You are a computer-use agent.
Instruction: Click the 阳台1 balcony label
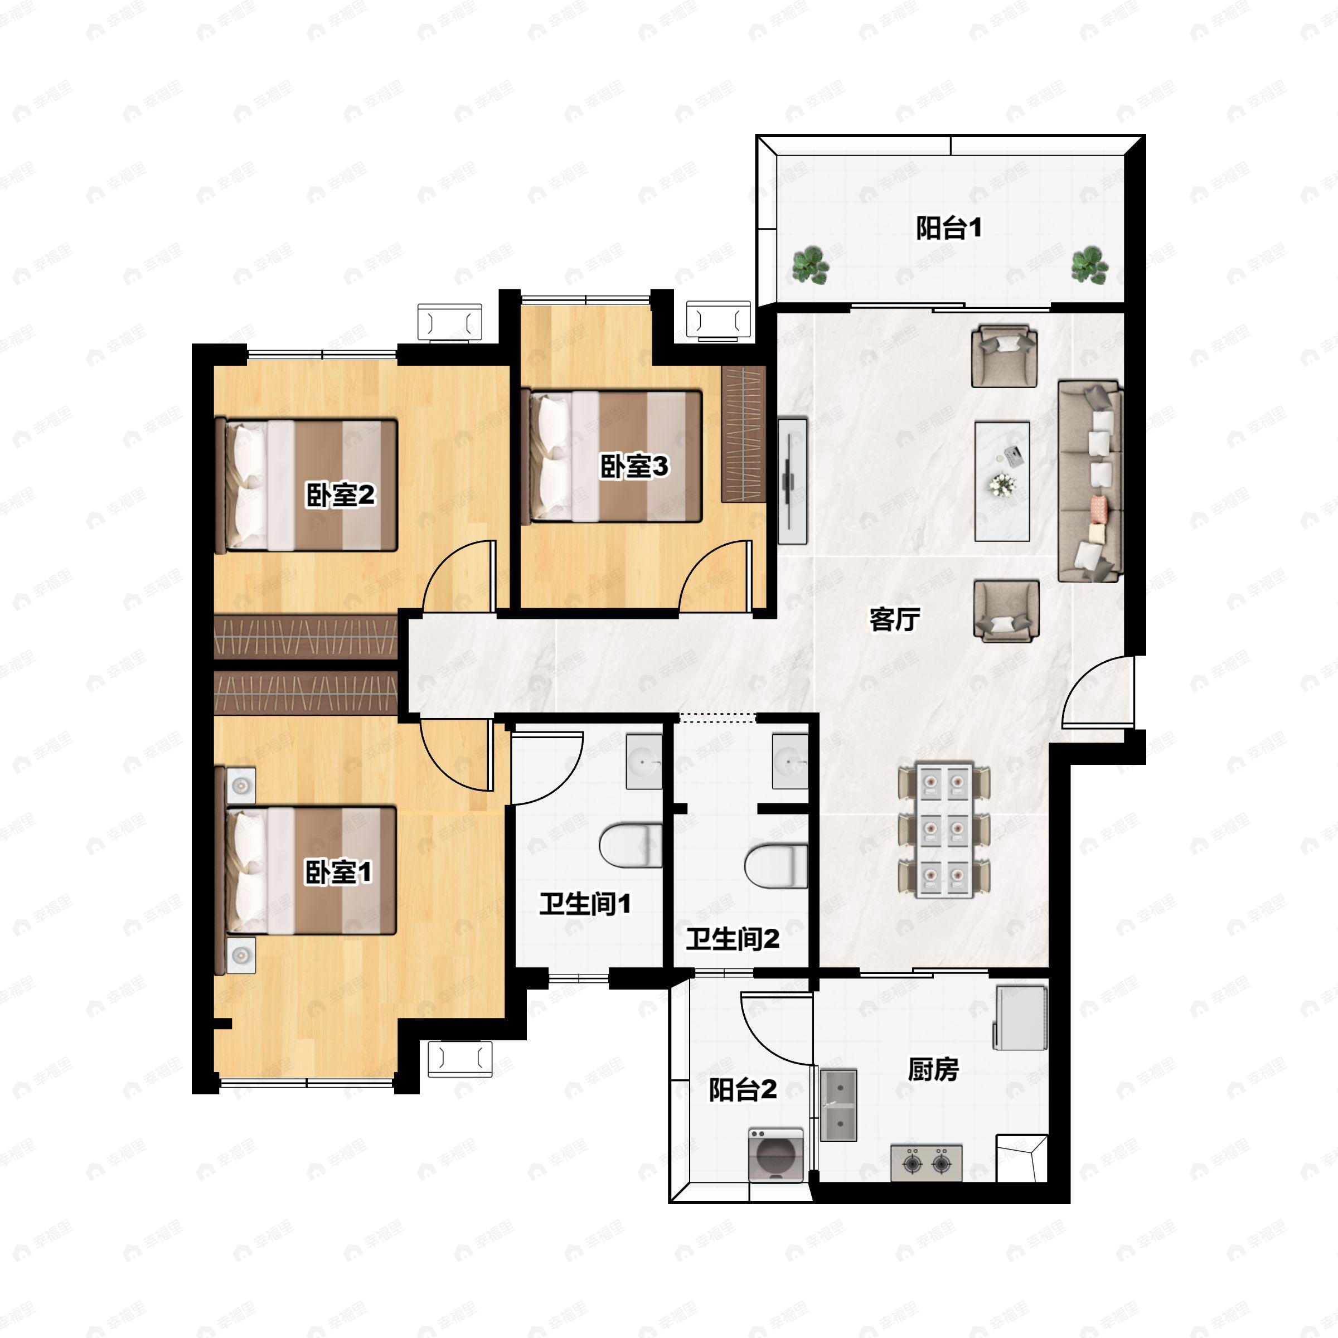(x=948, y=228)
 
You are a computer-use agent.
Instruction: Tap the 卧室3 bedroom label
(x=634, y=466)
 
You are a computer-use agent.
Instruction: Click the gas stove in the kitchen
(x=926, y=1162)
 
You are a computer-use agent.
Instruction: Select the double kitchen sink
(x=838, y=1104)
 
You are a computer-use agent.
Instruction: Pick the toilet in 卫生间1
(x=630, y=845)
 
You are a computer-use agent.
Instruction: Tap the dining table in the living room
(x=944, y=829)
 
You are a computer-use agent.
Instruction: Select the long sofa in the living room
(x=1090, y=481)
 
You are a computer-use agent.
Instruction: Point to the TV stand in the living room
(x=792, y=480)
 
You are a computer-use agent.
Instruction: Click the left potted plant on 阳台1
(x=810, y=265)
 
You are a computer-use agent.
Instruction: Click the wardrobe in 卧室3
(x=743, y=434)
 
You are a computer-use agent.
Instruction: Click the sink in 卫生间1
(x=644, y=762)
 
